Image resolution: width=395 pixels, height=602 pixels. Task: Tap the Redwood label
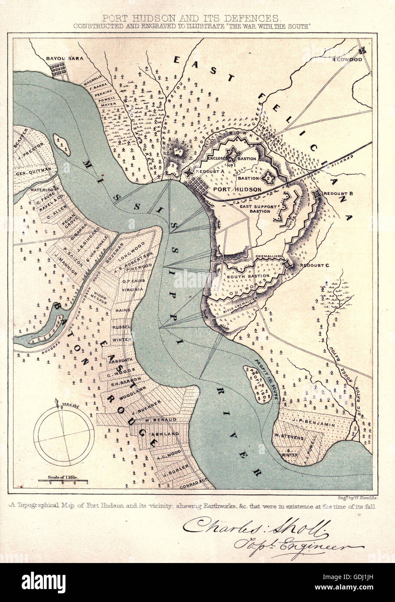(x=347, y=59)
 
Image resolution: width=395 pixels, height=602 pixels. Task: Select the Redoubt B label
(x=339, y=192)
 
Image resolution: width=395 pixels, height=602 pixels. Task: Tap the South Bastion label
(x=248, y=276)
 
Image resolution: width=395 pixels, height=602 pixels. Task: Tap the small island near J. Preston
(x=61, y=145)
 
